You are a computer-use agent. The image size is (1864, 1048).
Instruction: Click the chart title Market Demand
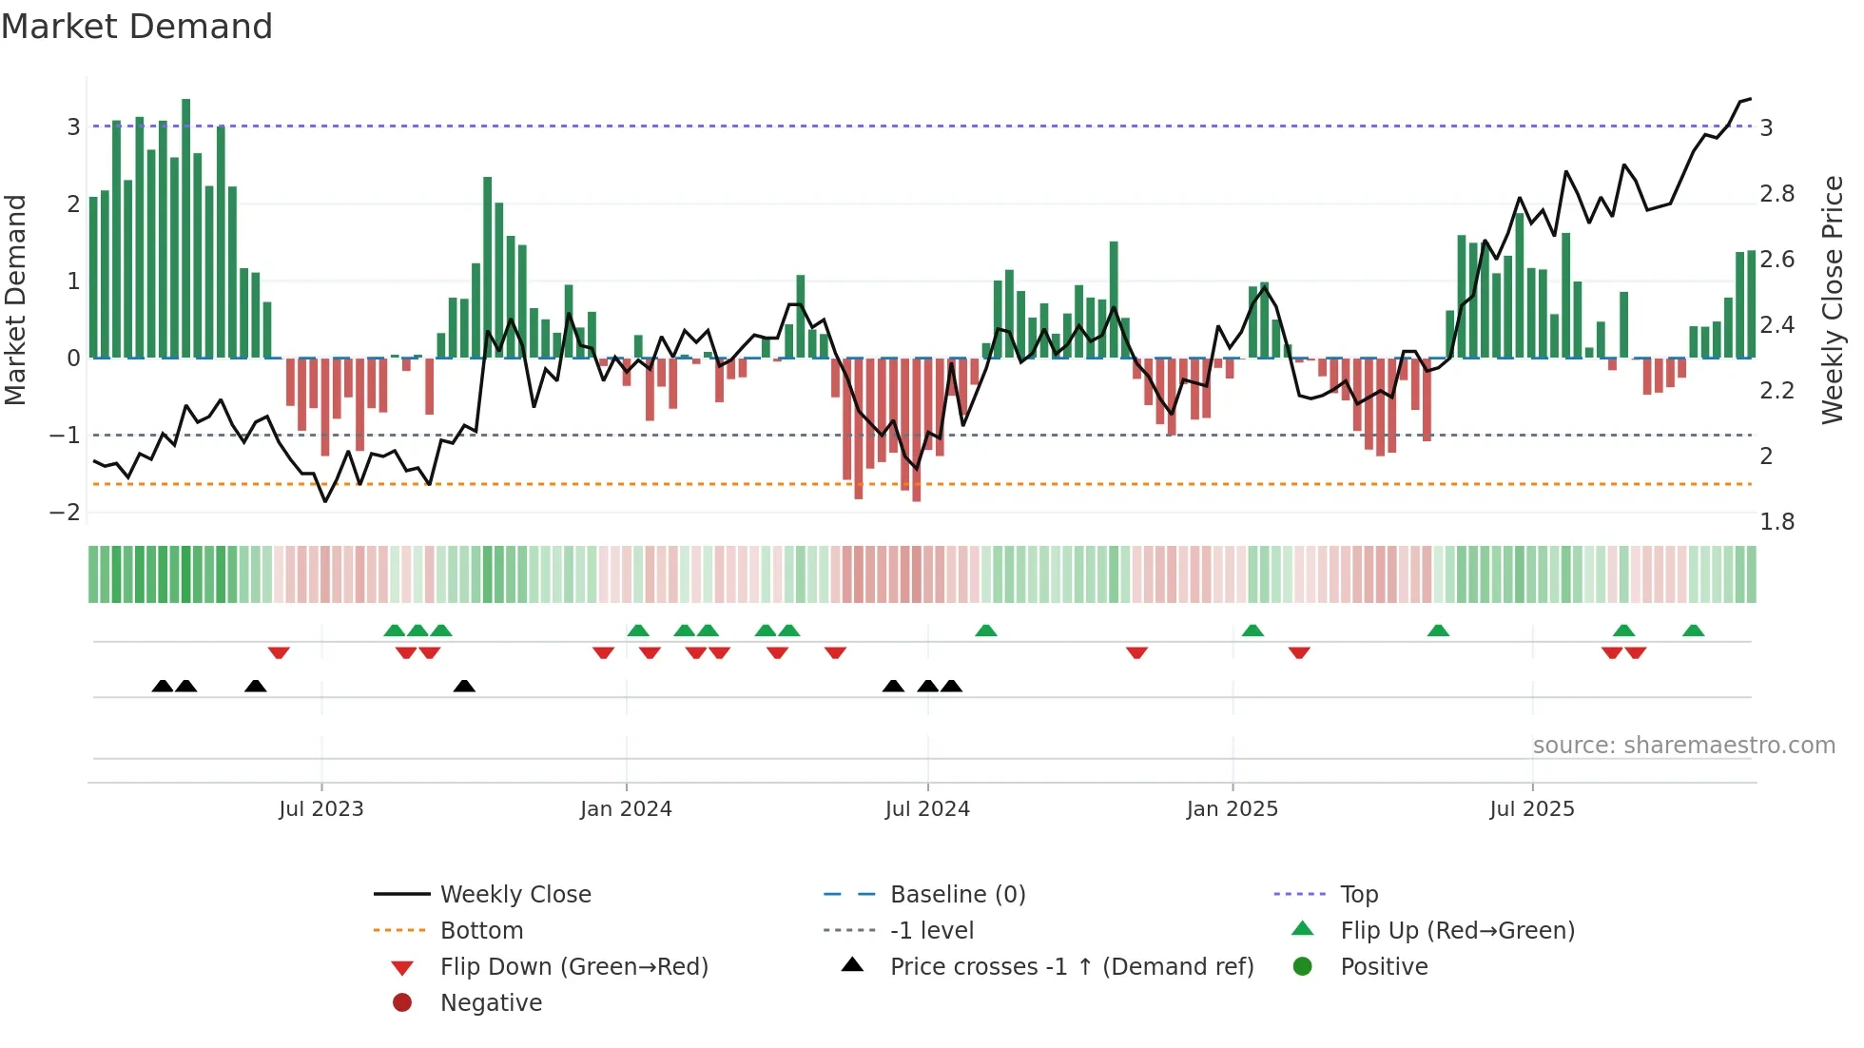[x=137, y=27]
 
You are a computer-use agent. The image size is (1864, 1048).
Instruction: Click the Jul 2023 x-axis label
[x=320, y=809]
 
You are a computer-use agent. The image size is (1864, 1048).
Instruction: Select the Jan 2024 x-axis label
[x=626, y=809]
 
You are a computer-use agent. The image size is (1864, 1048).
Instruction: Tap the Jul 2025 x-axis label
[x=1531, y=809]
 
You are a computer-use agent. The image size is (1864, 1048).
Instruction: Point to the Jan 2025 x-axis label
[x=1232, y=809]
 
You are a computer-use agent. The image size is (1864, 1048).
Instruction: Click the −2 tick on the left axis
[x=65, y=513]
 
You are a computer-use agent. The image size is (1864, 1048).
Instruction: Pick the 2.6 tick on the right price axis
[x=1777, y=260]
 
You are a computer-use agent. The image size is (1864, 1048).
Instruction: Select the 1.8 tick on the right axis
[x=1777, y=522]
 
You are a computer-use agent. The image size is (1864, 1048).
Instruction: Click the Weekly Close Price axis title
[x=1832, y=300]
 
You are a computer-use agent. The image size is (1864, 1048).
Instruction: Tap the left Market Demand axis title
[x=15, y=300]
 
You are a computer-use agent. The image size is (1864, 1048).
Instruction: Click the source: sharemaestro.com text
[x=1683, y=746]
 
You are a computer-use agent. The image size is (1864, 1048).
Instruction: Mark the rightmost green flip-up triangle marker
[x=1693, y=631]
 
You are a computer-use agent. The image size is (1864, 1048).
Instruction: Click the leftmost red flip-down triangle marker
[x=279, y=652]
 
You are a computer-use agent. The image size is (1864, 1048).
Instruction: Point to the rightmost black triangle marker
[x=951, y=686]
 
